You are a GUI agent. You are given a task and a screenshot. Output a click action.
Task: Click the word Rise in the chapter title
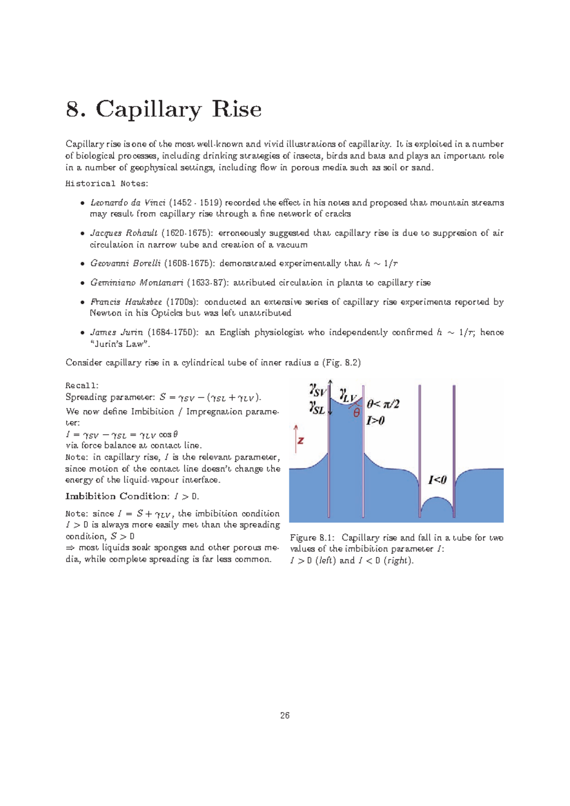click(236, 109)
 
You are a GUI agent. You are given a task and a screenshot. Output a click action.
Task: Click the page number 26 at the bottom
click(285, 715)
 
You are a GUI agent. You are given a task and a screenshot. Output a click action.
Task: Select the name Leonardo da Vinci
click(128, 203)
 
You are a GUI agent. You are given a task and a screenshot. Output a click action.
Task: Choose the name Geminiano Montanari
click(136, 283)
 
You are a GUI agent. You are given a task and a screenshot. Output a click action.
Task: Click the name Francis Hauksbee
click(126, 302)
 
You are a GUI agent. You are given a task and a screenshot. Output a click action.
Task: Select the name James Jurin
click(116, 332)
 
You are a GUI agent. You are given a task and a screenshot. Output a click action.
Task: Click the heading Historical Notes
click(106, 184)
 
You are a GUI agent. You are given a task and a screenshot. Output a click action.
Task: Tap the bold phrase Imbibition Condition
click(117, 497)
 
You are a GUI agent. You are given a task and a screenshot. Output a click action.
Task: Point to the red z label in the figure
click(301, 440)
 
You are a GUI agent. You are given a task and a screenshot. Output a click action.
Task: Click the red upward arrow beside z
click(295, 437)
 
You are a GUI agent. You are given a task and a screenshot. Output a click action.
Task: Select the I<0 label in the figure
click(437, 480)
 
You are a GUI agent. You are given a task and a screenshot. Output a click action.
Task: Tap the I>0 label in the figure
click(375, 420)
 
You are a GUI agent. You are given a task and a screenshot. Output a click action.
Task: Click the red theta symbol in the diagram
click(356, 413)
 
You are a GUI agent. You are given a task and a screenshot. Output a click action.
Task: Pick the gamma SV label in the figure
click(317, 390)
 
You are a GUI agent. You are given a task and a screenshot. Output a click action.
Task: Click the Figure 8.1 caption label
click(312, 538)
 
